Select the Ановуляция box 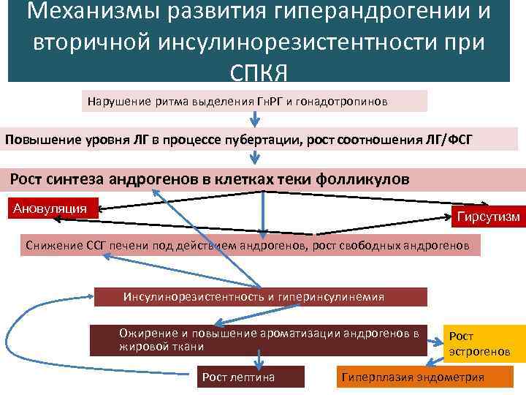(x=50, y=208)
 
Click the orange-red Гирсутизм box (x=488, y=216)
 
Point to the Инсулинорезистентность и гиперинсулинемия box (x=259, y=296)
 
